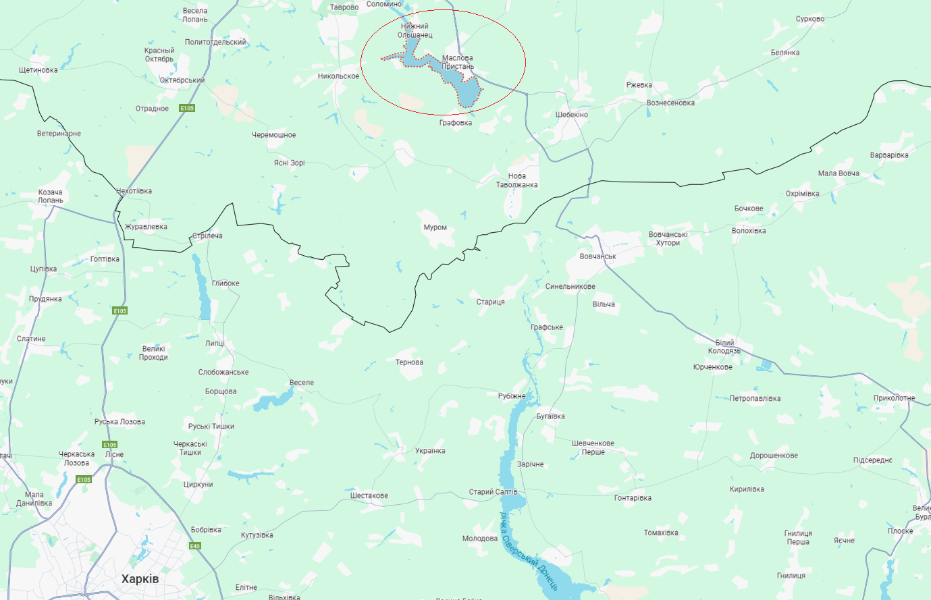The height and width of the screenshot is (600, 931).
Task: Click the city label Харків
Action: [x=140, y=579]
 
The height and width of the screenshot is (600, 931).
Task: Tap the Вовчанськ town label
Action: [x=597, y=256]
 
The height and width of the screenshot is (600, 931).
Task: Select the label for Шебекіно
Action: [x=572, y=115]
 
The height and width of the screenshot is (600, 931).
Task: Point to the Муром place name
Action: [x=435, y=227]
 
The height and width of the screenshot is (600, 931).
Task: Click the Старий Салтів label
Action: [x=493, y=492]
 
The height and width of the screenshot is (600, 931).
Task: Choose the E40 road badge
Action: [x=194, y=546]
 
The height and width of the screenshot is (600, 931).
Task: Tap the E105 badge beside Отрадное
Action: [x=187, y=109]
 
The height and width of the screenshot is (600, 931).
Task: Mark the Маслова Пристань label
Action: [x=458, y=62]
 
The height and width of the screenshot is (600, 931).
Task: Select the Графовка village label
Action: [x=455, y=123]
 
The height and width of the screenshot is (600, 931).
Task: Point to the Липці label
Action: [x=215, y=344]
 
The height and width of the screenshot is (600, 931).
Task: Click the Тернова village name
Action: [x=409, y=362]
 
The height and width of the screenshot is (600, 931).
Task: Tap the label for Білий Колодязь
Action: [x=724, y=347]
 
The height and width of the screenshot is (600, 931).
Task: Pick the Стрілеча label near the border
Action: [x=207, y=236]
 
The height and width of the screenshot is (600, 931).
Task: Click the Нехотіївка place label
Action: [x=134, y=191]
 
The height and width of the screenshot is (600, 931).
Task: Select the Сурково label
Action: [x=809, y=19]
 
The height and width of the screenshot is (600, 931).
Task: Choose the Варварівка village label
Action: [x=888, y=155]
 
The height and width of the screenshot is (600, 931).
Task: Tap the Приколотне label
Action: [x=894, y=398]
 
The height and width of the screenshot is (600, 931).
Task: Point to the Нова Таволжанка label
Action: [x=516, y=180]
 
